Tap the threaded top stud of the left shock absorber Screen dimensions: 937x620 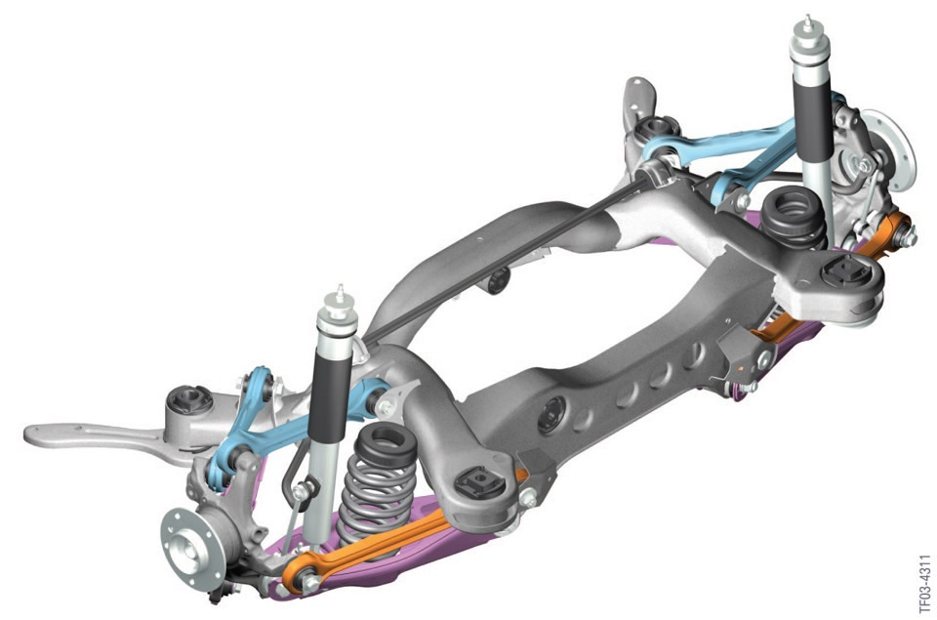(x=340, y=294)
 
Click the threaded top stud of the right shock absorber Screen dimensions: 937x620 (x=808, y=24)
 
